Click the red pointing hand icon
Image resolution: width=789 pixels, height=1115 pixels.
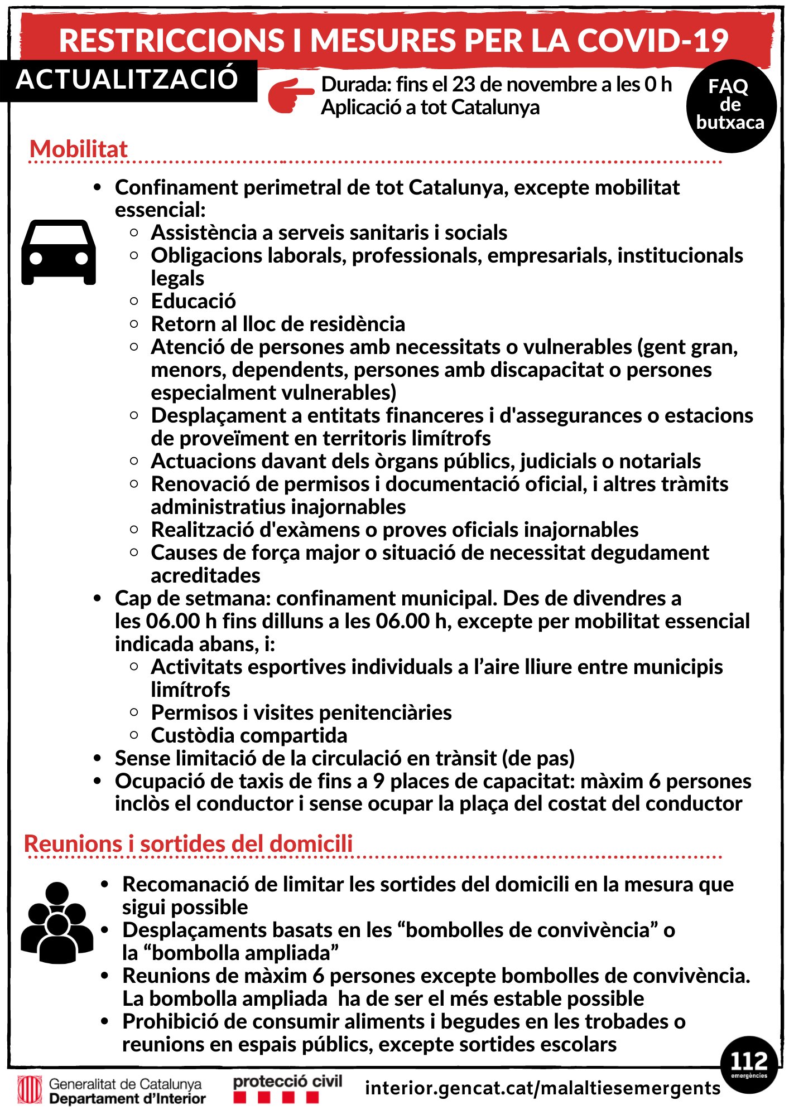click(291, 95)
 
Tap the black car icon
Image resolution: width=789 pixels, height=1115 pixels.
click(59, 252)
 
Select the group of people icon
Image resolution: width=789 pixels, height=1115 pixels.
click(57, 923)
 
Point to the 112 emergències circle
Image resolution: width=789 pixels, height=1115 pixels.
click(749, 1063)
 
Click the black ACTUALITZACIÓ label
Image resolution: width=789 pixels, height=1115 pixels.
click(128, 79)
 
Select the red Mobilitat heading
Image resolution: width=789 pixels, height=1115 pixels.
click(79, 149)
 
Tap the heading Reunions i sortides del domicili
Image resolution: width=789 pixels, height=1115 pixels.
click(189, 843)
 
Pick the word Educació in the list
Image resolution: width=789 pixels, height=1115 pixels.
click(194, 301)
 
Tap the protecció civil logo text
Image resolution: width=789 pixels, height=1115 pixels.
click(287, 1082)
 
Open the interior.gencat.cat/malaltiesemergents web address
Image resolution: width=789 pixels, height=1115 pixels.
click(542, 1088)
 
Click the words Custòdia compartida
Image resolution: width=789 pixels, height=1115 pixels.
click(249, 735)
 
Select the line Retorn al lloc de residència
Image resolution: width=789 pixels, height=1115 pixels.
click(278, 324)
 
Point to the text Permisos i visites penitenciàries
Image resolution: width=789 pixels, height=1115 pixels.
click(301, 712)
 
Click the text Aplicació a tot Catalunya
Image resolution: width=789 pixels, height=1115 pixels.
click(430, 107)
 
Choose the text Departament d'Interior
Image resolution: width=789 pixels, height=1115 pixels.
click(127, 1099)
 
